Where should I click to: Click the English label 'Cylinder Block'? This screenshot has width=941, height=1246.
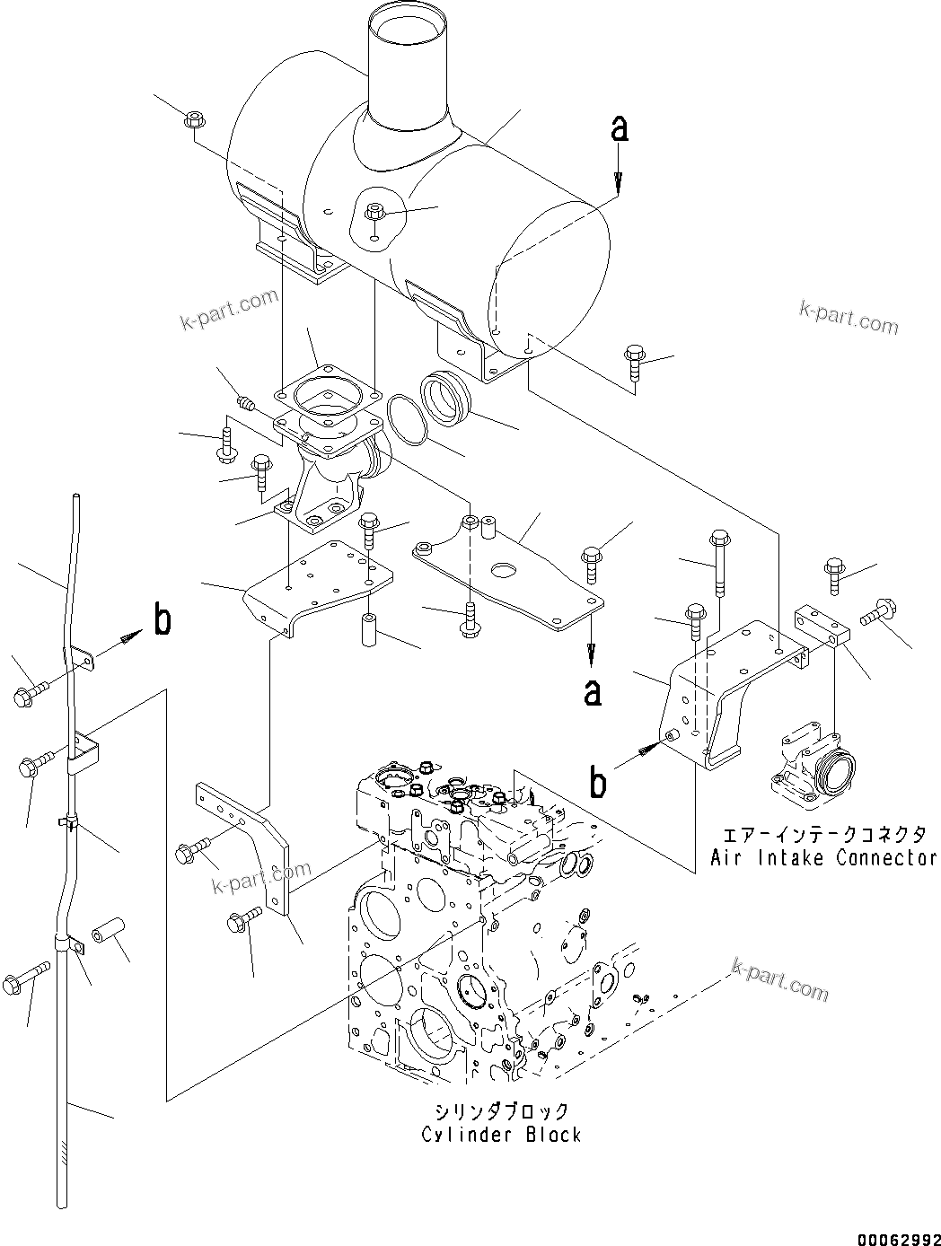[501, 1134]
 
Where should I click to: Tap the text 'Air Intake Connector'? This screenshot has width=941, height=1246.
[823, 857]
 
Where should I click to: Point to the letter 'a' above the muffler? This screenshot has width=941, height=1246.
[619, 130]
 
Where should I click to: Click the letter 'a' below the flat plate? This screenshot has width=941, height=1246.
[592, 692]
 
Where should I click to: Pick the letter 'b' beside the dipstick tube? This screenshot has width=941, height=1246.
[163, 620]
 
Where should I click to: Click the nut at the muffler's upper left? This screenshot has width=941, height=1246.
[194, 119]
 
